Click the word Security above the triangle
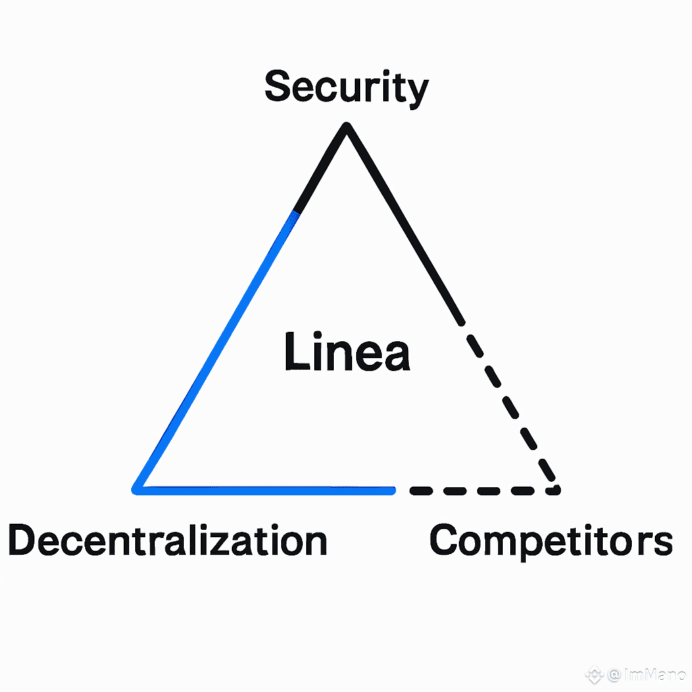click(x=346, y=88)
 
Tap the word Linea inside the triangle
click(x=347, y=352)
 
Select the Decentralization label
click(x=168, y=541)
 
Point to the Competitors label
click(x=551, y=541)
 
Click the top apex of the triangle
click(x=347, y=126)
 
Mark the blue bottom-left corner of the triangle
click(x=138, y=488)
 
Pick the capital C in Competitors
click(x=447, y=541)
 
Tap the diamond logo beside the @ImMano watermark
click(x=594, y=675)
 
